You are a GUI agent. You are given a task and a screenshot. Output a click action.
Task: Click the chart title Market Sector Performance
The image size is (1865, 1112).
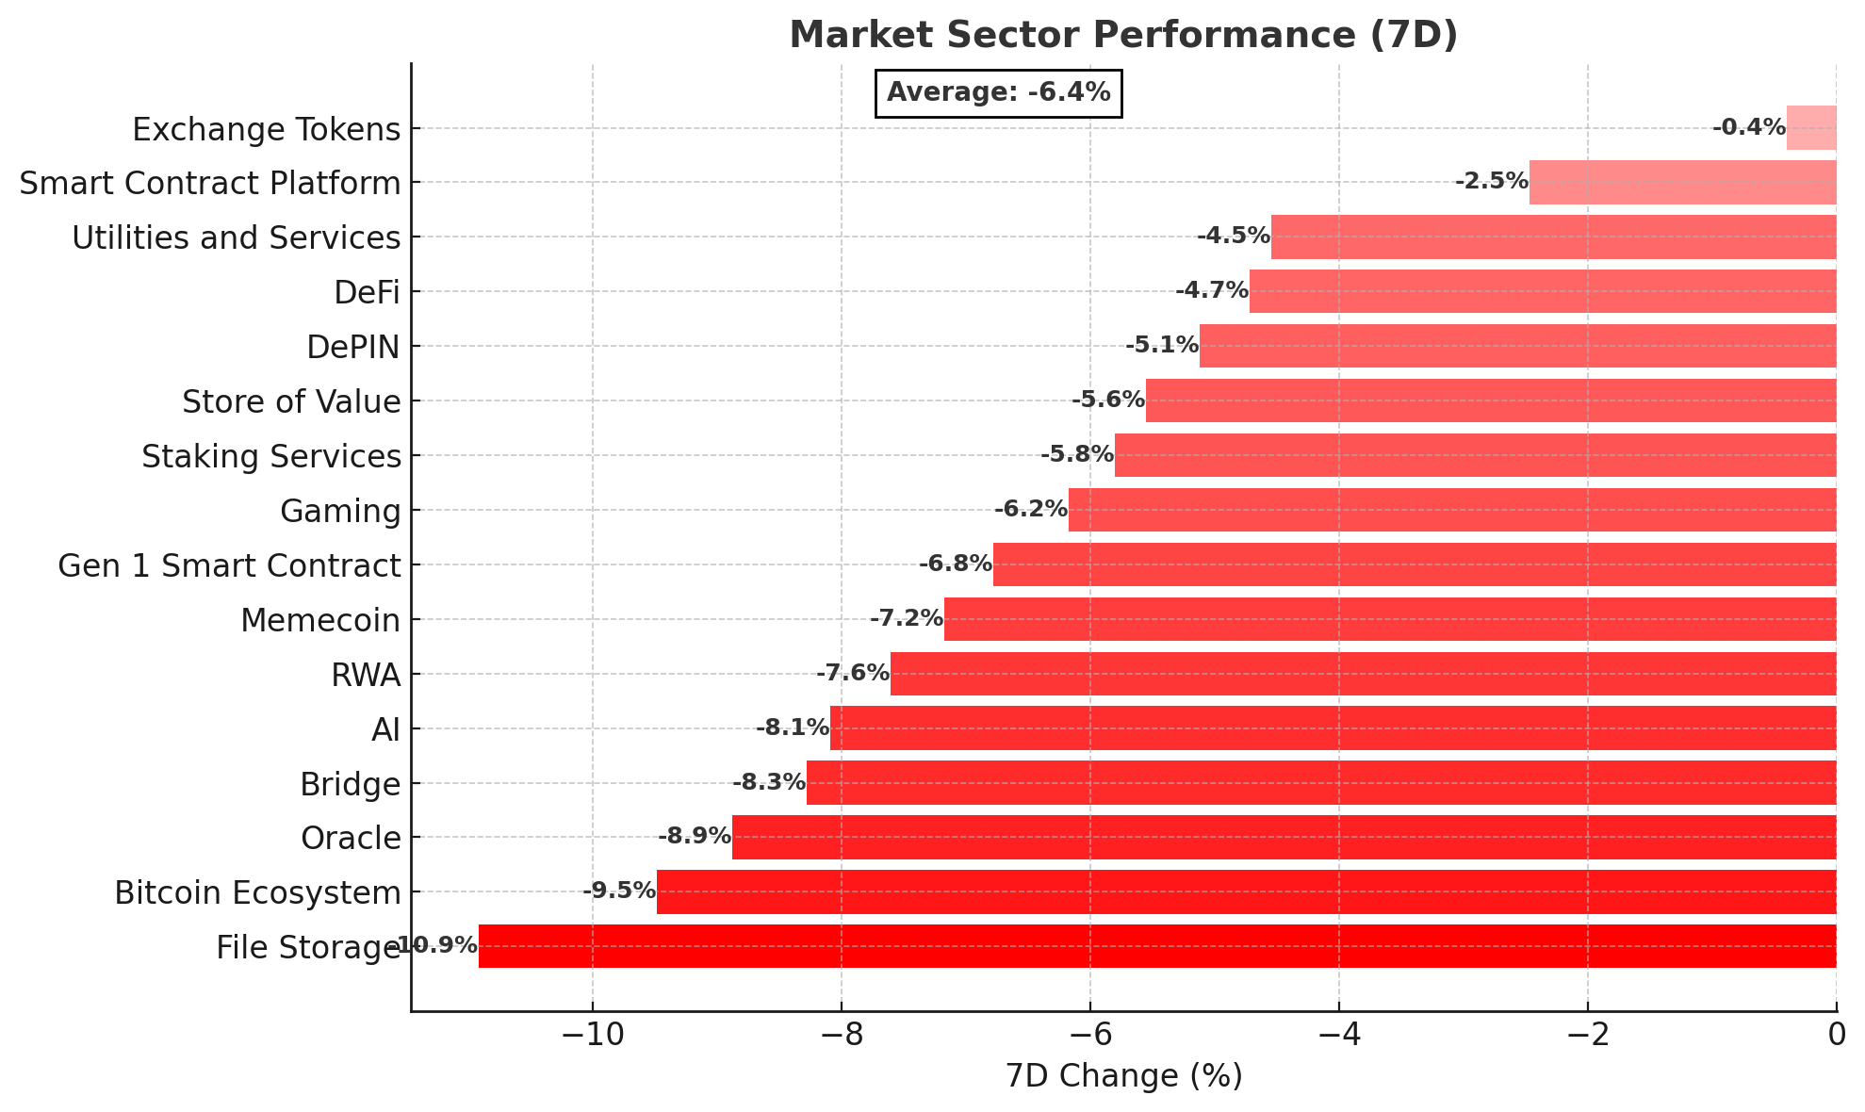[1123, 35]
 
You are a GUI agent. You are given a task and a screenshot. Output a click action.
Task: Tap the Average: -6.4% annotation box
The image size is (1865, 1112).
[998, 92]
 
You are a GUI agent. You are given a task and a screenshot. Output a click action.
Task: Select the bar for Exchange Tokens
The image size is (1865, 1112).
[1811, 128]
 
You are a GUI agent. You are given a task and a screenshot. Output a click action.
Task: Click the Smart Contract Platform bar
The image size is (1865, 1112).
[1682, 183]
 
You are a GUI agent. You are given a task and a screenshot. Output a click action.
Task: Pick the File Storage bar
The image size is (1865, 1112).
[1157, 946]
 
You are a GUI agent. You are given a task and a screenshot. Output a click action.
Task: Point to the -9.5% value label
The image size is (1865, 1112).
[619, 891]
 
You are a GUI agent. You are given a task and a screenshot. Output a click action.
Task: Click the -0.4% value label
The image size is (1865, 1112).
[1748, 127]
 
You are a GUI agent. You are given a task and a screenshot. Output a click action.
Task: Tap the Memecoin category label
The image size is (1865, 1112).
[320, 620]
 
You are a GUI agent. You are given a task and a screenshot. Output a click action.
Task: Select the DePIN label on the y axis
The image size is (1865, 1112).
[353, 347]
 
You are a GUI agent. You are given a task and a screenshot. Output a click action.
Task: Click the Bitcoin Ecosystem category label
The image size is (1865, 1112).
[257, 892]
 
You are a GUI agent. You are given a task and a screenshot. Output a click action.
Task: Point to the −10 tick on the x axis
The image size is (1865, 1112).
[592, 1036]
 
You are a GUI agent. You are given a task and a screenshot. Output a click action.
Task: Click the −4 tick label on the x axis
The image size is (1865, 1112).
[1338, 1036]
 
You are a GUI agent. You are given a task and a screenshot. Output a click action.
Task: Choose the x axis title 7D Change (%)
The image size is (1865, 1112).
[1123, 1076]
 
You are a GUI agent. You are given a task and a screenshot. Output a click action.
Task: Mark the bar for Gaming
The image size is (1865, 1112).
[1452, 510]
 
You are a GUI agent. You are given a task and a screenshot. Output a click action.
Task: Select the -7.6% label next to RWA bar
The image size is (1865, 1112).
[853, 673]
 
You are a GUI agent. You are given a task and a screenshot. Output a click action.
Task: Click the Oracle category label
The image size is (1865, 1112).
[351, 838]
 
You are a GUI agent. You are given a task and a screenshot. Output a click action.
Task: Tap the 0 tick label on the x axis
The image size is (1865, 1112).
[1836, 1036]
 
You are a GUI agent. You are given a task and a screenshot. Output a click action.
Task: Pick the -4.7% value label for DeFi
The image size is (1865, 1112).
[1212, 290]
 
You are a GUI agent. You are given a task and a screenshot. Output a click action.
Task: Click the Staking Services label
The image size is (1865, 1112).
[271, 456]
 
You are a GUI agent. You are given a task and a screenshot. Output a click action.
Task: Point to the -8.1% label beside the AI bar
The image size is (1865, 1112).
[793, 728]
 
